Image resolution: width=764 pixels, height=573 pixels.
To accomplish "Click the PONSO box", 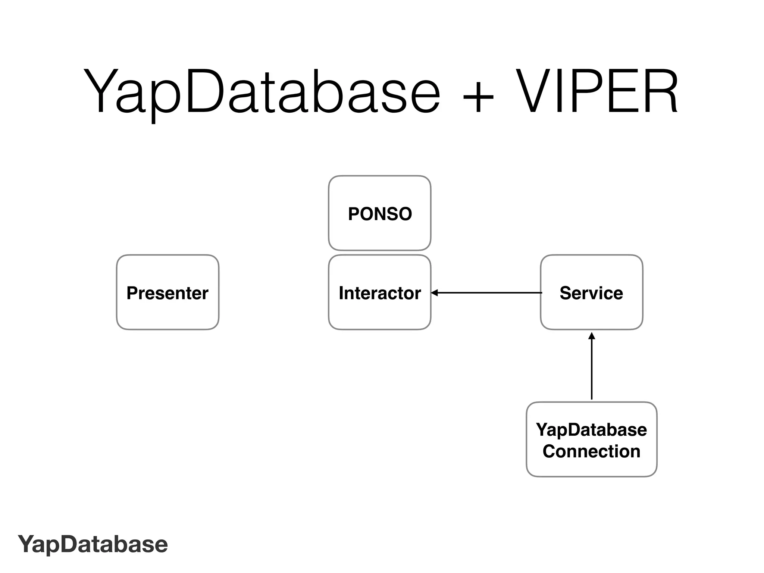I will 379,213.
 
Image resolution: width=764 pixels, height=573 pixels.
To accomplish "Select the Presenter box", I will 167,292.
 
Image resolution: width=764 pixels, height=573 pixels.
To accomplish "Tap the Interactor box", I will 379,292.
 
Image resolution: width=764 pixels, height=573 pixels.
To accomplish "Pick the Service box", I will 591,292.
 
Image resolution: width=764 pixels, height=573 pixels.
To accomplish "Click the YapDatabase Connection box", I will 591,439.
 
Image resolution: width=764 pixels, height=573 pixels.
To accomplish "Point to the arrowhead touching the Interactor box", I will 434,293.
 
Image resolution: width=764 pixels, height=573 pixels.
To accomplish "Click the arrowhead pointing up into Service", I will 592,336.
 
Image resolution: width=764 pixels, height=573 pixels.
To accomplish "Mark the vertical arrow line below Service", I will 592,369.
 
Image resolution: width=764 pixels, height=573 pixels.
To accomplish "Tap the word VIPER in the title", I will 597,91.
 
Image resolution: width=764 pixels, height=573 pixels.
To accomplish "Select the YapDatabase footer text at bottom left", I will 93,544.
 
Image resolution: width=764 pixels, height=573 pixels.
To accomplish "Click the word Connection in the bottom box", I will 591,451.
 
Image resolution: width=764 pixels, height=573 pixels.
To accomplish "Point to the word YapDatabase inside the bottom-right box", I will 591,430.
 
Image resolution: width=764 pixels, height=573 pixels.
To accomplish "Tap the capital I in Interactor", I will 341,293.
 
